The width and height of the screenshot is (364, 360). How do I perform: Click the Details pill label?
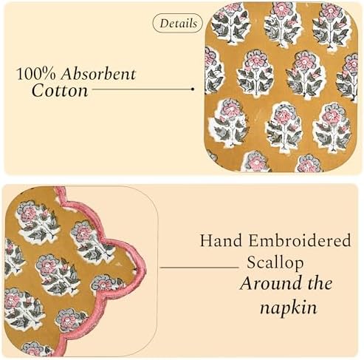click(x=178, y=24)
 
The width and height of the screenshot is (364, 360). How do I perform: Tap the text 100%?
click(x=36, y=74)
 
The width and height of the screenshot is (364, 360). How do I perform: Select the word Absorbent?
click(x=98, y=74)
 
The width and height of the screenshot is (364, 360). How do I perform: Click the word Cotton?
click(x=60, y=91)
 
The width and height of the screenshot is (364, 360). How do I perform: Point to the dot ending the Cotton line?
click(x=193, y=89)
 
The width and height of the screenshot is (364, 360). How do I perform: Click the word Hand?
click(x=221, y=240)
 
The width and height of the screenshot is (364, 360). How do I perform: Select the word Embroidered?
click(x=300, y=240)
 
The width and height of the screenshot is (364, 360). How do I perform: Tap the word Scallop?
click(x=275, y=262)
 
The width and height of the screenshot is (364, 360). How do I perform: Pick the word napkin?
click(x=289, y=308)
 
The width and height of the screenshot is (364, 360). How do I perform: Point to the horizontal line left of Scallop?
click(x=199, y=267)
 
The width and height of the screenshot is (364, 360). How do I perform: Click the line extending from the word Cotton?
click(x=142, y=89)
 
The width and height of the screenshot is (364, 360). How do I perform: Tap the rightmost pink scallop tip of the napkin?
click(x=145, y=268)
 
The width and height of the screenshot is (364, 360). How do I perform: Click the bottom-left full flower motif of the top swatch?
click(x=229, y=123)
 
